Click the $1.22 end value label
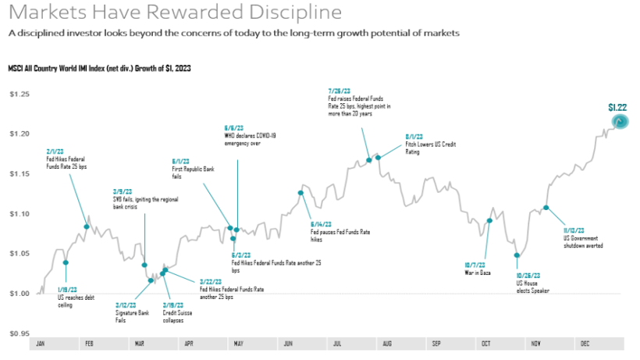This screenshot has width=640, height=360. coord(617,107)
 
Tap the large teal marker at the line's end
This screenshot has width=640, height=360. coord(620,122)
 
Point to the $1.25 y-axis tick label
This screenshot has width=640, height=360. coord(19,94)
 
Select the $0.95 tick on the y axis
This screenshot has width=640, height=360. coord(19,333)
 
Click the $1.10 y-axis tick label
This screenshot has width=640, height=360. coord(19,214)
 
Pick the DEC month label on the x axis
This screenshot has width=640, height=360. coord(585,344)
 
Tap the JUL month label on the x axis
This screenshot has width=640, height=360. coord(337,344)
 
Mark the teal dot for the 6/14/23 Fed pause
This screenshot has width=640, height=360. coord(300,193)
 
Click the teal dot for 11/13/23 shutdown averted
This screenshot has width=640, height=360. coord(546,208)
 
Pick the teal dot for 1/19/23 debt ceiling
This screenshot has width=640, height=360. coord(66,262)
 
